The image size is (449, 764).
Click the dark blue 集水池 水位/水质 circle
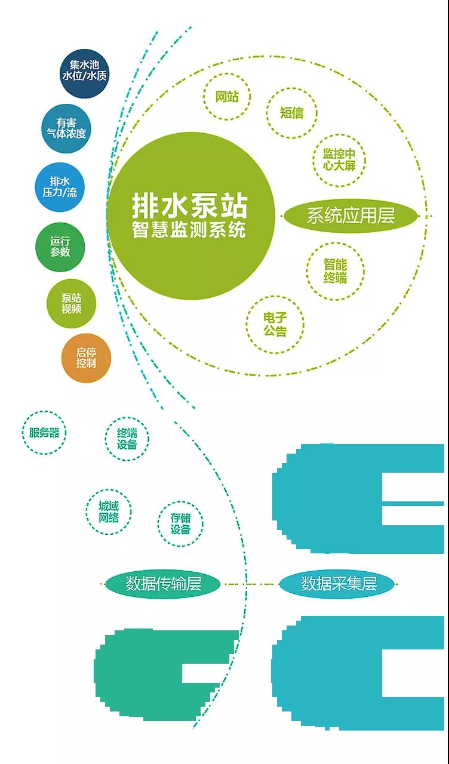click(85, 73)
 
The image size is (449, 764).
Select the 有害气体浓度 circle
click(66, 129)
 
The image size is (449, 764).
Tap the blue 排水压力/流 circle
click(60, 186)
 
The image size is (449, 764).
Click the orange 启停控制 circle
click(86, 358)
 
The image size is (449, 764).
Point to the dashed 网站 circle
click(226, 97)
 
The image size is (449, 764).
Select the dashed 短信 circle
click(291, 112)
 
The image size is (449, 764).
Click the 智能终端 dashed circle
click(335, 271)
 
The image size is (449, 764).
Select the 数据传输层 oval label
click(163, 584)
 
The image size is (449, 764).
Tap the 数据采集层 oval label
click(337, 584)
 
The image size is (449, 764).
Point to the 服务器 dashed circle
click(44, 433)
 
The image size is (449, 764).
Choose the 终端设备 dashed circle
click(127, 439)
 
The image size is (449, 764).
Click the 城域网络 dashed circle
click(109, 512)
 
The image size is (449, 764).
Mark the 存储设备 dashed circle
click(180, 524)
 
